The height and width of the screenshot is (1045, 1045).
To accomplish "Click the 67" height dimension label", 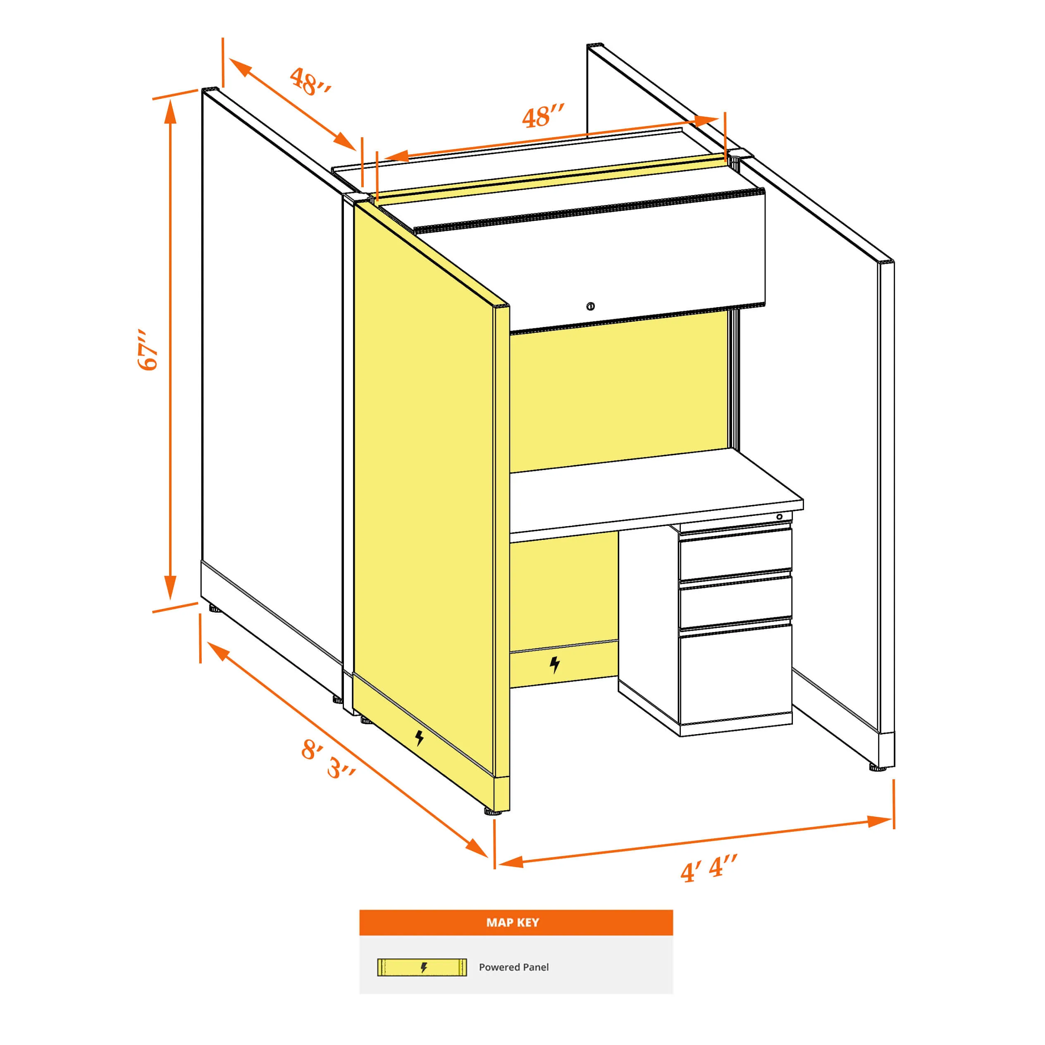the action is [148, 349].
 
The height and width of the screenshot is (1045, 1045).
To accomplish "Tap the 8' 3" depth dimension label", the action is [328, 759].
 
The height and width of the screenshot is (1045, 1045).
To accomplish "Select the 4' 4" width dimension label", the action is [709, 868].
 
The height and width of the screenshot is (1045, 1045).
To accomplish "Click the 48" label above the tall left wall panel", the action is [310, 82].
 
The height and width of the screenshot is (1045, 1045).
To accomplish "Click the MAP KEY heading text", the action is [512, 922].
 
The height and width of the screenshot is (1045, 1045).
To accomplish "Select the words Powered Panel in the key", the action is [513, 967].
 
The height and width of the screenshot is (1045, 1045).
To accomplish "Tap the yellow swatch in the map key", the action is [422, 967].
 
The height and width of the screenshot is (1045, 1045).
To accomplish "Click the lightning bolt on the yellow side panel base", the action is [419, 737].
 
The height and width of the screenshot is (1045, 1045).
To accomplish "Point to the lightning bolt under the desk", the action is [554, 664].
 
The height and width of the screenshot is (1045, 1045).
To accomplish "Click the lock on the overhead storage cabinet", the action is [591, 307].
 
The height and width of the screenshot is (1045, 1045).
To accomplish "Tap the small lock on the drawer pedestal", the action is [780, 517].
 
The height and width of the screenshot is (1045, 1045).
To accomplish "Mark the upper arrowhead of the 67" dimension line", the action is [170, 112].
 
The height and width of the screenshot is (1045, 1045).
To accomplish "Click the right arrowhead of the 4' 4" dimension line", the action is [880, 821].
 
